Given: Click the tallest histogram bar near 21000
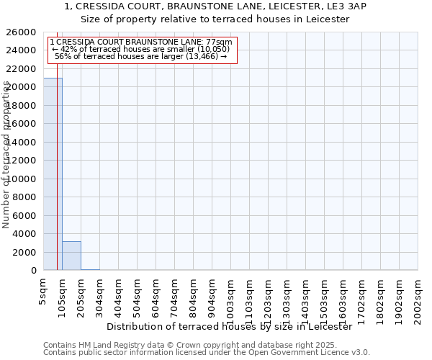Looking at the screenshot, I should pos(53,173).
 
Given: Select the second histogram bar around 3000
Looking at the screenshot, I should pos(71,256).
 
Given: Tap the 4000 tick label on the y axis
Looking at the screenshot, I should pos(24,234).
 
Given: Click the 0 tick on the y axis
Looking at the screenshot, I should pos(33,271).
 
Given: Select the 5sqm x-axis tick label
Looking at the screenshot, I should pos(44,292).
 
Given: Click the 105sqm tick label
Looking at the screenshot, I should pos(63,295).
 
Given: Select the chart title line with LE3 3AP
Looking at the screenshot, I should pos(215,6).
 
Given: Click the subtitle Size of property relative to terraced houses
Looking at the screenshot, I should pos(215,19).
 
